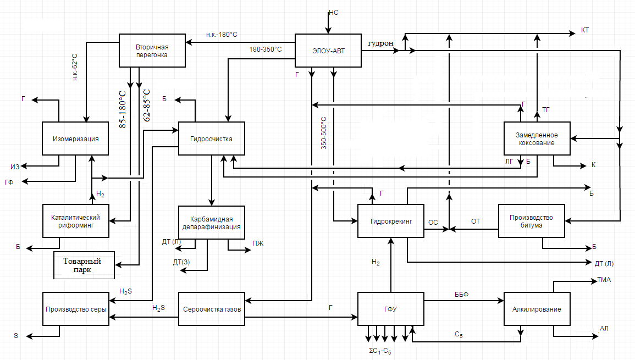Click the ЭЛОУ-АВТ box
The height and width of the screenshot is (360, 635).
click(328, 51)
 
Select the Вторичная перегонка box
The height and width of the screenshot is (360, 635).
click(152, 51)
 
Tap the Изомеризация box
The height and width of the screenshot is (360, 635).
click(75, 139)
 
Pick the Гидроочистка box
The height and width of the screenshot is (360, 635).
click(211, 139)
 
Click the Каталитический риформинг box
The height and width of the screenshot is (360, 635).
click(75, 221)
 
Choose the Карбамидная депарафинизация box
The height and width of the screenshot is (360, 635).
click(211, 222)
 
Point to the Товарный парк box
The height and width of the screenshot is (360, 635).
click(84, 265)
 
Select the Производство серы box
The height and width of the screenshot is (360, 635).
click(75, 309)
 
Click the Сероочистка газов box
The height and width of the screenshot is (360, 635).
click(211, 309)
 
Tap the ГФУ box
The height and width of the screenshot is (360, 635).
click(391, 309)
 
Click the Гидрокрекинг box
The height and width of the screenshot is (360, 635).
click(391, 221)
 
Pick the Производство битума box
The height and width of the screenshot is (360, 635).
click(532, 221)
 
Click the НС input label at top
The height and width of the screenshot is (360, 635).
click(333, 12)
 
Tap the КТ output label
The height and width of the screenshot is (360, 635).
click(586, 29)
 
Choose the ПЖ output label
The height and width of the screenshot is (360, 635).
click(258, 243)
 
